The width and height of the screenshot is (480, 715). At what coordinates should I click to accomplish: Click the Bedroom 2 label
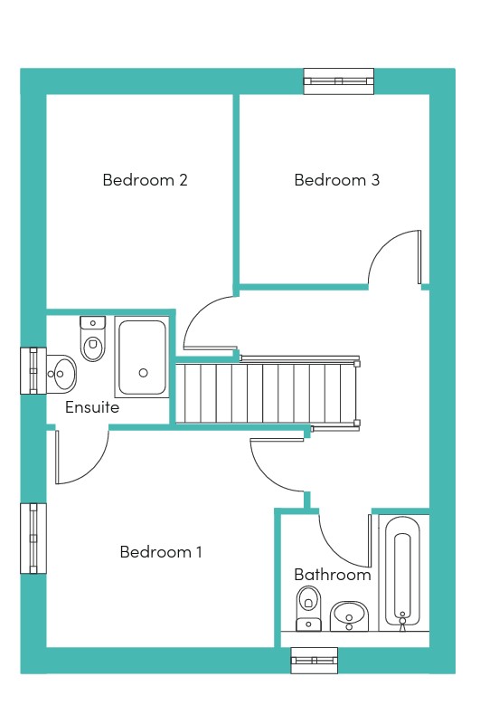(145, 180)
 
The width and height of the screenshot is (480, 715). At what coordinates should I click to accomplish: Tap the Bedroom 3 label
(336, 180)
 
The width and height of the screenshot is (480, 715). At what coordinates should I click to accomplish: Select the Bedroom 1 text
(160, 552)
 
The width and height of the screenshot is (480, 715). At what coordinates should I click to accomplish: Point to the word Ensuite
(92, 406)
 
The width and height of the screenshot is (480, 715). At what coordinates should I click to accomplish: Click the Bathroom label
(333, 574)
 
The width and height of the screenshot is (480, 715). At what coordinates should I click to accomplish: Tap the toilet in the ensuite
(93, 338)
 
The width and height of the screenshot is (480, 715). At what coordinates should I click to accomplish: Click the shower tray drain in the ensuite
(143, 373)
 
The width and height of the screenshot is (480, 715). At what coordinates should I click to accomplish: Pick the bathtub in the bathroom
(402, 573)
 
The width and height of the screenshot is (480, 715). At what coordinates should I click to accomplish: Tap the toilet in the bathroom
(308, 608)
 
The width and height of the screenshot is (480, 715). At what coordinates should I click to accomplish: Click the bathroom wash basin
(349, 616)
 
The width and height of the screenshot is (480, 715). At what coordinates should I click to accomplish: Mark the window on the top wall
(339, 81)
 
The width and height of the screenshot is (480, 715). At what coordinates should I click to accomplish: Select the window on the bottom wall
(315, 660)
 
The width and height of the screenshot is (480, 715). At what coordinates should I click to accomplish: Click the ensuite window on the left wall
(33, 371)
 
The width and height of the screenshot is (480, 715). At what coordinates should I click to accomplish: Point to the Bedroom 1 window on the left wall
(33, 539)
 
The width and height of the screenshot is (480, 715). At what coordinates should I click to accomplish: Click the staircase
(268, 393)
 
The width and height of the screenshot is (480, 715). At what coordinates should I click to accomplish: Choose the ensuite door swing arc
(97, 470)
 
